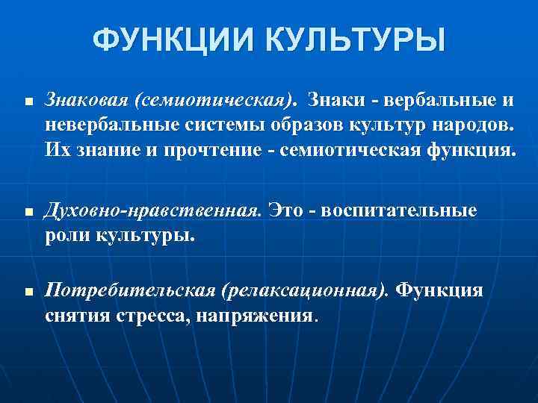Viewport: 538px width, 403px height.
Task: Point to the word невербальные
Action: coord(107,122)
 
